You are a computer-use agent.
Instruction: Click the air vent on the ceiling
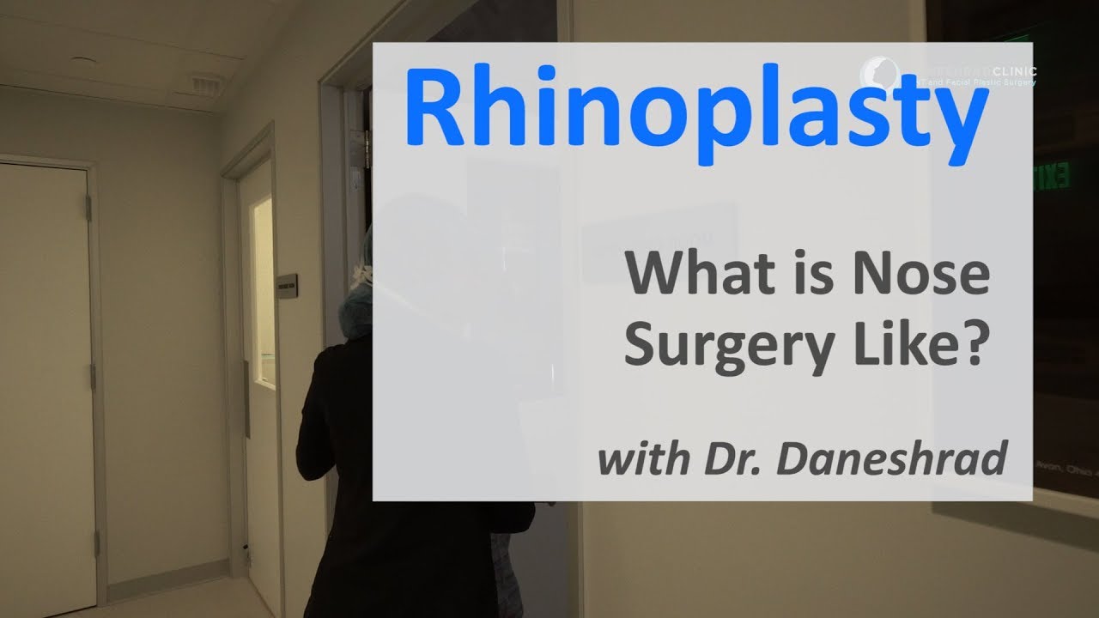[x=204, y=85]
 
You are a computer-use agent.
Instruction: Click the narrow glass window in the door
[x=262, y=292]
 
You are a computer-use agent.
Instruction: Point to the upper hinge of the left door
[x=88, y=207]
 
